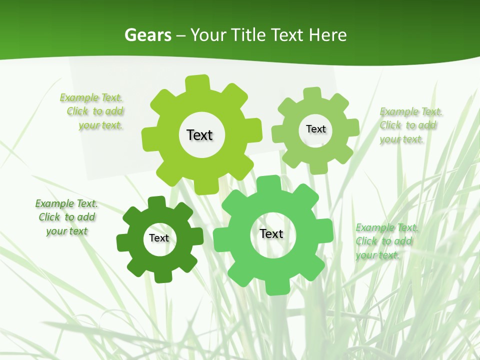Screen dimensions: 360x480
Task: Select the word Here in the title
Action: click(x=327, y=35)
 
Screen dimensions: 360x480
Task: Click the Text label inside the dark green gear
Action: click(x=159, y=238)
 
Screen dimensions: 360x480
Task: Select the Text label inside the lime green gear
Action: click(x=199, y=135)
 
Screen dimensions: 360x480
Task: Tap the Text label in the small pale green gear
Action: click(x=315, y=129)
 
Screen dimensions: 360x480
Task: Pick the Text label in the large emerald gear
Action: click(x=271, y=233)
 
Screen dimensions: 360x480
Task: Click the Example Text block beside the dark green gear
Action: click(x=66, y=217)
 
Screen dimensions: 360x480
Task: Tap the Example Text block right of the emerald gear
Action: click(x=386, y=241)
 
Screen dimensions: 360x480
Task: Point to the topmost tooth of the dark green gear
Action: click(x=156, y=202)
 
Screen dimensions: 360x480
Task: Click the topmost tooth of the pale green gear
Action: click(x=312, y=93)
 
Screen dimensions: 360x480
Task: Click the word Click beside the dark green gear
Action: click(x=49, y=217)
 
